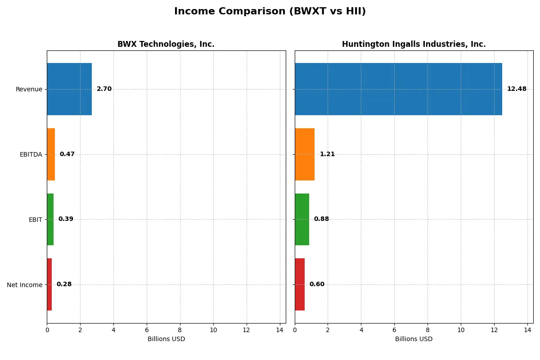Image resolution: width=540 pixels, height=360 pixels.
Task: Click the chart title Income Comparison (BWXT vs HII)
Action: coord(270,12)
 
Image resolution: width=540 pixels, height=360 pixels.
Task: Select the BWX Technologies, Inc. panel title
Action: coord(166,44)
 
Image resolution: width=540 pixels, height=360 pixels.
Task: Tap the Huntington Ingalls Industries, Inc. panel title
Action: coord(414,44)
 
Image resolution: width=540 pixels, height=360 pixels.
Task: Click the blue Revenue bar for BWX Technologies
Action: coord(69,89)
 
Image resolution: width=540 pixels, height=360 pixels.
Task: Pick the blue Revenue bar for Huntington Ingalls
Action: coord(398,89)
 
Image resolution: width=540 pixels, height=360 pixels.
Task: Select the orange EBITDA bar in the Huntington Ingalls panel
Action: coord(305,154)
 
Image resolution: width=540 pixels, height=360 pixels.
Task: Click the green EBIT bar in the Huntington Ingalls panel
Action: coord(302,219)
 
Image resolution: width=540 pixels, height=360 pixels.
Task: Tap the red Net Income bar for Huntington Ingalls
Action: coord(300,284)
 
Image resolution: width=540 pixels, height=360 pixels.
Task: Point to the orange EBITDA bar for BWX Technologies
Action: coord(51,154)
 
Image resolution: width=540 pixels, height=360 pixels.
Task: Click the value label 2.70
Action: coord(104,89)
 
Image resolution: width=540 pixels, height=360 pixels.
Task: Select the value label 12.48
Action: coord(517,89)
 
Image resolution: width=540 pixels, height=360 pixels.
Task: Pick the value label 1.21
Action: coord(327,154)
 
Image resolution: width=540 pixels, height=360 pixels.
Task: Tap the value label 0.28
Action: coord(64,284)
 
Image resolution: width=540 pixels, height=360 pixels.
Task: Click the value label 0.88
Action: coord(321,219)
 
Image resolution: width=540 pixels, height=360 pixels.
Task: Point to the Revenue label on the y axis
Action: coord(29,90)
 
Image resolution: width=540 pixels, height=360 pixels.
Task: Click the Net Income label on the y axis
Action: coord(24,285)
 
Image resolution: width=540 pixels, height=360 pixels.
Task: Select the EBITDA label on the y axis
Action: coord(31,155)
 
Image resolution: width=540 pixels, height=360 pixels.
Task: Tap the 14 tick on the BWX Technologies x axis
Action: coord(279,330)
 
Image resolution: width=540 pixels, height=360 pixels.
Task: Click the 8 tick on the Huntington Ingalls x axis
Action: coord(427,330)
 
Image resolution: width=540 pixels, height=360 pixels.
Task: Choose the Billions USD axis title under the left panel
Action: coord(166,339)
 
